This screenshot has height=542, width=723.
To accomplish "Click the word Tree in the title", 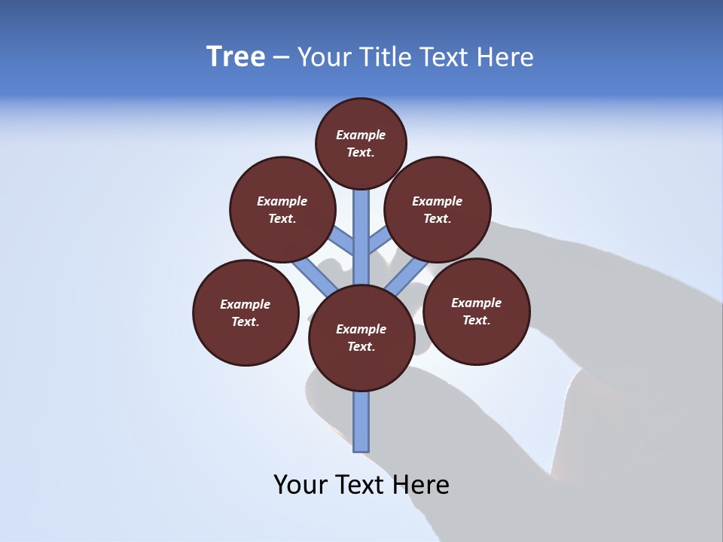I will coord(236,57).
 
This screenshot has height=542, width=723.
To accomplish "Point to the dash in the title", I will coord(281,58).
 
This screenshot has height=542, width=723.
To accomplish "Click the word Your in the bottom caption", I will coord(301,484).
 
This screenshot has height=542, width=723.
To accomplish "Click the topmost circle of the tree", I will coord(361,143).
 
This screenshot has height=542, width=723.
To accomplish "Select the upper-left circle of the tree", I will coord(282,209).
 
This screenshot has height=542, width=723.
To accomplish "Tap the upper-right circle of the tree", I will coord(438,209).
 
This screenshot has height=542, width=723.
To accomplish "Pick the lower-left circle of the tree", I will coord(246,312).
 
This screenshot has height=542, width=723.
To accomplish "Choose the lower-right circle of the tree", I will coord(477,311).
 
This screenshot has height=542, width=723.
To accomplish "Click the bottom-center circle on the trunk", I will coord(361,338).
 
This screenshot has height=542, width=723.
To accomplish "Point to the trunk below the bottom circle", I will coord(361,422).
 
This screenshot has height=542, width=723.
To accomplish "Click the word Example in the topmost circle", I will coord(361,135).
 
